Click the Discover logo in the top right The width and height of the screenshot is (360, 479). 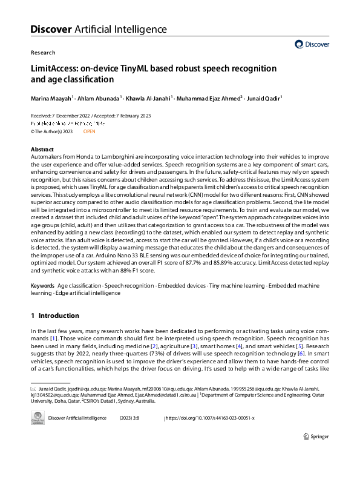312,44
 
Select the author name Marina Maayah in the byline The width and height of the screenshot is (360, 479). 51,97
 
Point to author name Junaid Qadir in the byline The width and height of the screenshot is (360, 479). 264,97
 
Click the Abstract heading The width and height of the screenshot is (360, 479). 42,150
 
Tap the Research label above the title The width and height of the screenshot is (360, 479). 42,53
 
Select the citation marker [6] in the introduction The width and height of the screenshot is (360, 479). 309,353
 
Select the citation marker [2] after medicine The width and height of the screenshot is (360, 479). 154,345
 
